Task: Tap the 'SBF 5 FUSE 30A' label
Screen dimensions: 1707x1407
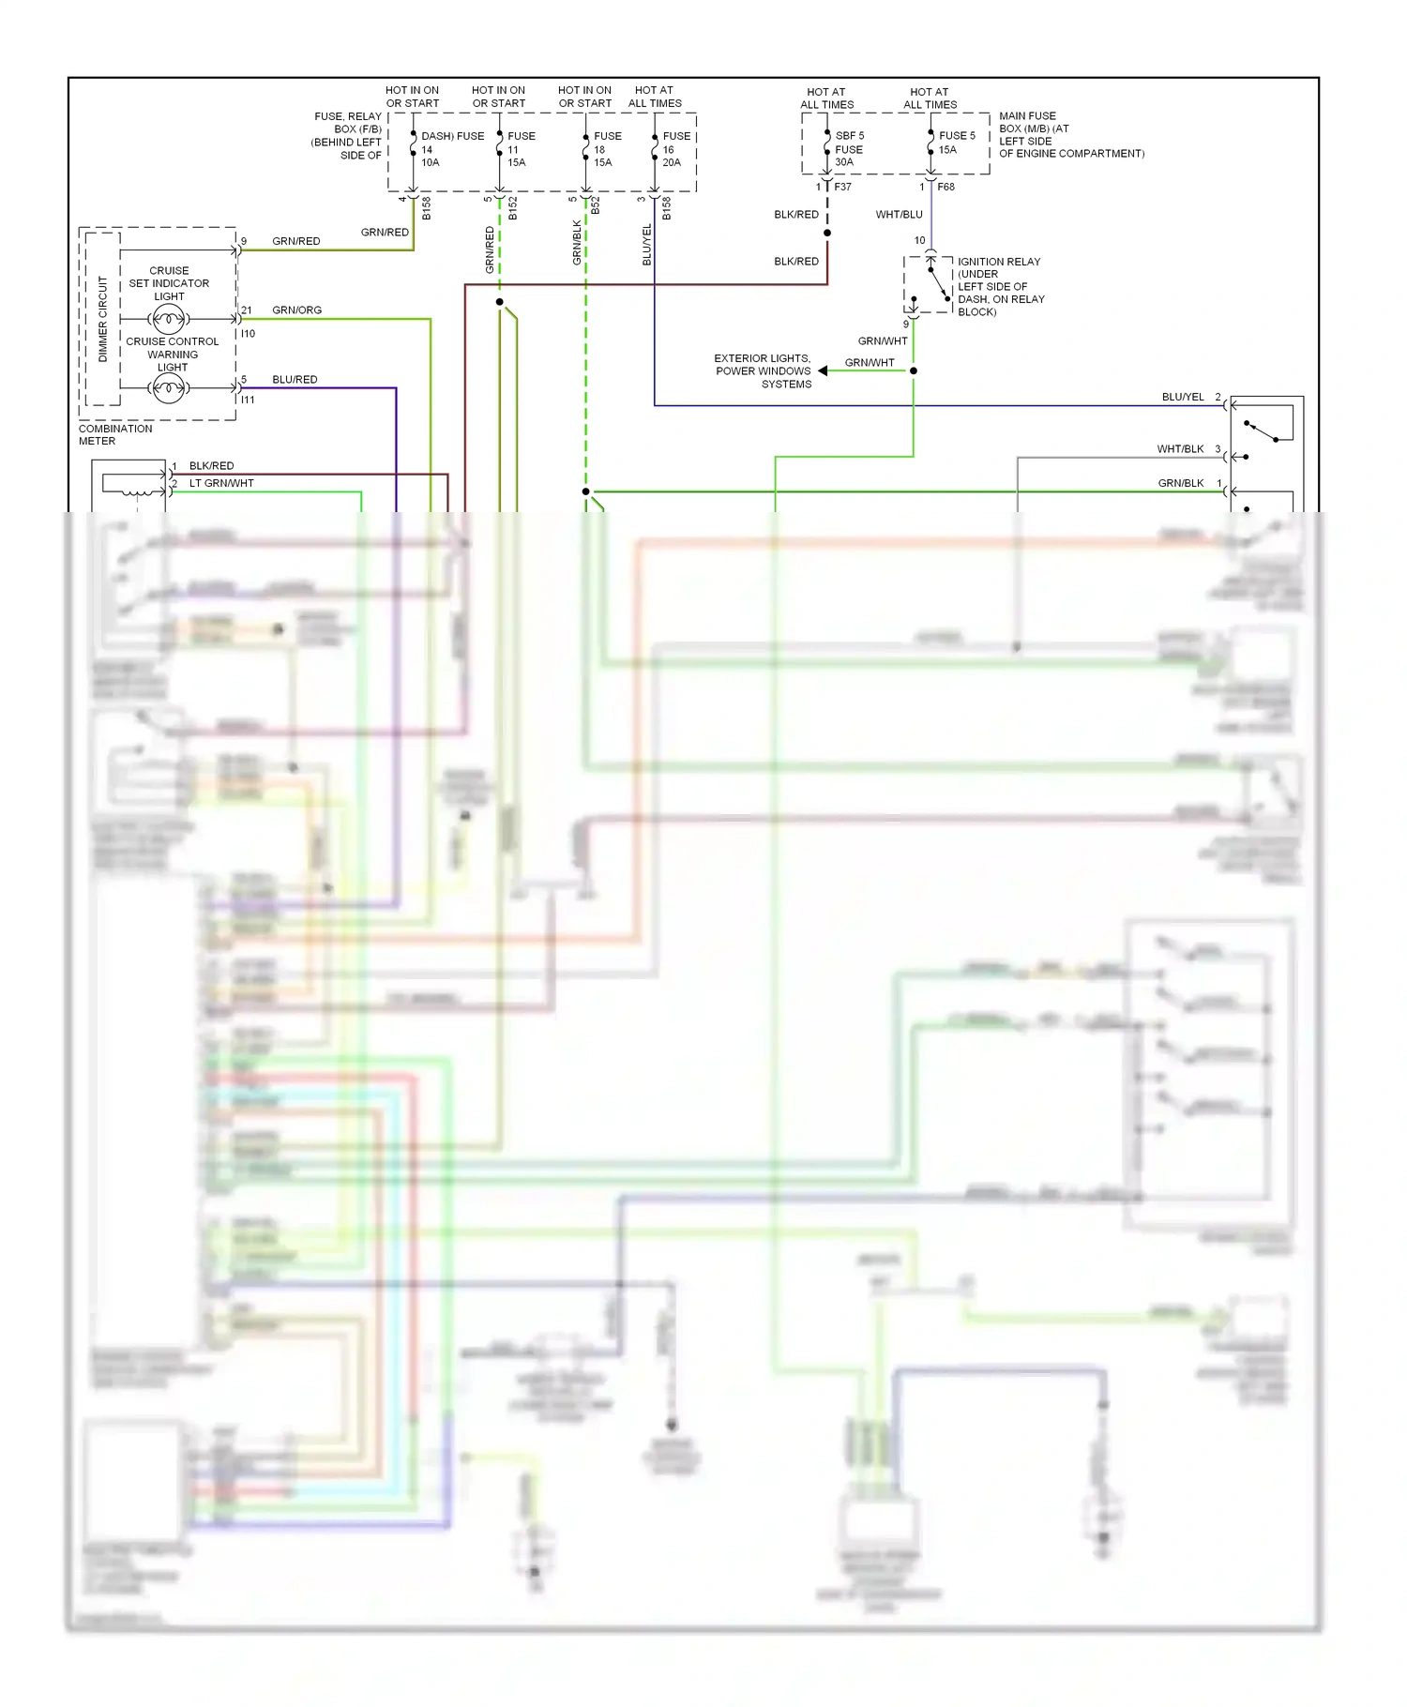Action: tap(849, 149)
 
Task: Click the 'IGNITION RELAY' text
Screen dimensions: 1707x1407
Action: tap(998, 262)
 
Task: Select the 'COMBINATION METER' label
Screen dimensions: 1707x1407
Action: tap(114, 434)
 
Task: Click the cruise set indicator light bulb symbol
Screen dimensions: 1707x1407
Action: tap(169, 321)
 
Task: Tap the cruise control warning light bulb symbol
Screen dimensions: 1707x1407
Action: tap(169, 387)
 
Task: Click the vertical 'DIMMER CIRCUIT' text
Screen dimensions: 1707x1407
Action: tap(103, 319)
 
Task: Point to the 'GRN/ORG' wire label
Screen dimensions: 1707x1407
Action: tap(296, 310)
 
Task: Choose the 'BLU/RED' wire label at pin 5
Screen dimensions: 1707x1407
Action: tap(295, 379)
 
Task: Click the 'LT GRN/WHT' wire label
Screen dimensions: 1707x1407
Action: tap(221, 483)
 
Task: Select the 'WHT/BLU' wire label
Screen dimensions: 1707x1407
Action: tap(899, 215)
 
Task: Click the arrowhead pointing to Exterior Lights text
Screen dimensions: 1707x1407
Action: tap(823, 370)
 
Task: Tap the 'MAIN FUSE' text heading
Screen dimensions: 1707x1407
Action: tap(1027, 116)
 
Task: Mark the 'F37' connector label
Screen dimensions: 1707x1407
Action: tap(842, 187)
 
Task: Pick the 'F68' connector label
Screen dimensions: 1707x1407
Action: tap(946, 187)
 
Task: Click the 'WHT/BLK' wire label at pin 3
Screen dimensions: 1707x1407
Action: tap(1179, 449)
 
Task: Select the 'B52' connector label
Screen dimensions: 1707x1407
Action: tap(596, 205)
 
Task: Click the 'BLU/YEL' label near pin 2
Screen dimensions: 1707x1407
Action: tap(1182, 397)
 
